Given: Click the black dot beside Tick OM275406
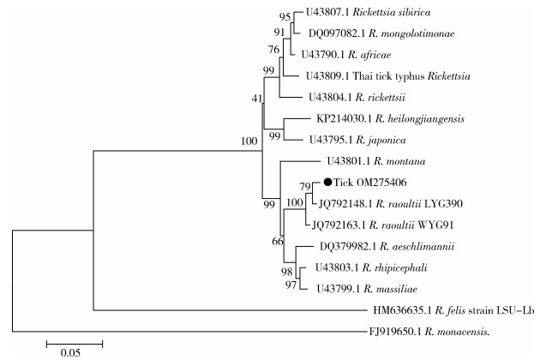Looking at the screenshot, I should (327, 182).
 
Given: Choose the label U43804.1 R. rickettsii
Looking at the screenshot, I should (355, 98).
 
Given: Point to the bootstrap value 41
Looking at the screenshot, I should (256, 100).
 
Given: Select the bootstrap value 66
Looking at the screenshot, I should (277, 242).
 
